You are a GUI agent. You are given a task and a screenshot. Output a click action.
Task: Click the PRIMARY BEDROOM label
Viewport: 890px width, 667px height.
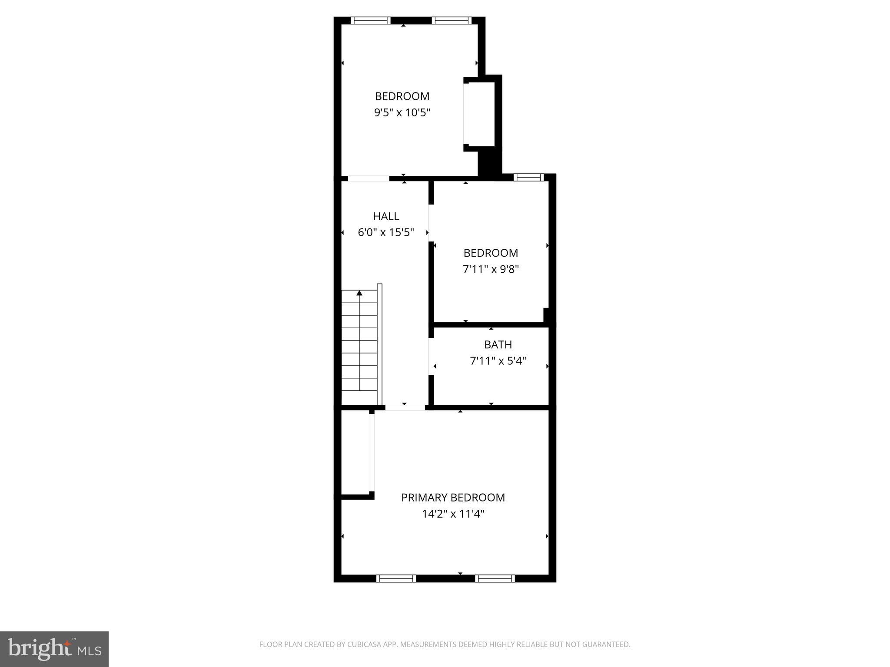click(x=453, y=497)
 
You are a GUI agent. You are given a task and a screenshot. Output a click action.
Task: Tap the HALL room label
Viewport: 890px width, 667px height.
click(x=386, y=216)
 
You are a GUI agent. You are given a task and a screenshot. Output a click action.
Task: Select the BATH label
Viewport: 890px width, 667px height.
click(x=498, y=344)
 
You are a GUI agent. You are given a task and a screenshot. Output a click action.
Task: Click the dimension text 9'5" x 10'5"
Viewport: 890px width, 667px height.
click(x=402, y=113)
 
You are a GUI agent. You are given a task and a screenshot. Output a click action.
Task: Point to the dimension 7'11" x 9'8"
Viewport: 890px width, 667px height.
click(x=491, y=269)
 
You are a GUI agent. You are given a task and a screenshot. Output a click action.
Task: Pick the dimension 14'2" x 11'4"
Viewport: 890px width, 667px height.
click(x=453, y=514)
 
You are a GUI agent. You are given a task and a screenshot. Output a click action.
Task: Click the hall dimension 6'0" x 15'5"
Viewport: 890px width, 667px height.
click(x=386, y=233)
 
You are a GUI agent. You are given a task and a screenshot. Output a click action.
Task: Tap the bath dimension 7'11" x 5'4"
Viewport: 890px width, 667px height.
click(x=498, y=361)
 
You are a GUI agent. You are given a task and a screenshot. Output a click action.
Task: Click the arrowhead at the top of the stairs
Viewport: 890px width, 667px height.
click(x=359, y=293)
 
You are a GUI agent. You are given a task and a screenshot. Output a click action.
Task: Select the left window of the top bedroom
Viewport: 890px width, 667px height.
click(x=371, y=20)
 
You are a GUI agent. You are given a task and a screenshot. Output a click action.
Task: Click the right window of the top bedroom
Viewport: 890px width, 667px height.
click(x=452, y=20)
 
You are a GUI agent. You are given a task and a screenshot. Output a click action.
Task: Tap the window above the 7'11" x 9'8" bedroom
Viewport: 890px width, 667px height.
click(x=528, y=177)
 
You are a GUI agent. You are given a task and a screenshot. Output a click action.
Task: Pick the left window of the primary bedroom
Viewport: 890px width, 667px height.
click(x=396, y=578)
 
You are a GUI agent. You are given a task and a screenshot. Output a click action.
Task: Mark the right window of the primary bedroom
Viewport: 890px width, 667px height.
click(x=495, y=578)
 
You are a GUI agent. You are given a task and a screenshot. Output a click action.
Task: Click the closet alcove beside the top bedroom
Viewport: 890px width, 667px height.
click(x=480, y=114)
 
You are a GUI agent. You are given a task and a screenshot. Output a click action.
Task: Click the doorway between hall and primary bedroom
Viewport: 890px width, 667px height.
click(x=405, y=408)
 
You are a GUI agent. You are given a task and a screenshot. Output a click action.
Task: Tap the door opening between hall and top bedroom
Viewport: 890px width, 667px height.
click(x=369, y=178)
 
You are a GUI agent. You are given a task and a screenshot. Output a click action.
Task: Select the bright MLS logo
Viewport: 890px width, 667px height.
click(x=54, y=649)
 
